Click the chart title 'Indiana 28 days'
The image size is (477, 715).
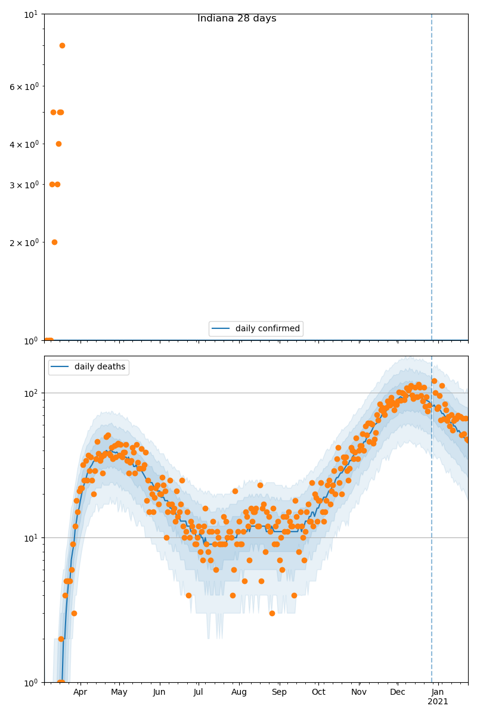coord(237,18)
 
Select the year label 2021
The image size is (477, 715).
coord(438,702)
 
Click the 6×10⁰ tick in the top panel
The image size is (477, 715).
coord(24,86)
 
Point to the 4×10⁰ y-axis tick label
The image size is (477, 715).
coord(24,144)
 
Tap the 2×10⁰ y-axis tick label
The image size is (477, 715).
coord(24,242)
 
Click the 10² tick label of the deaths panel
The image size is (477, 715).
coord(32,393)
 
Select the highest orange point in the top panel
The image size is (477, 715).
coord(62,45)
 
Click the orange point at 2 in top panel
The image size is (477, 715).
coord(54,242)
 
